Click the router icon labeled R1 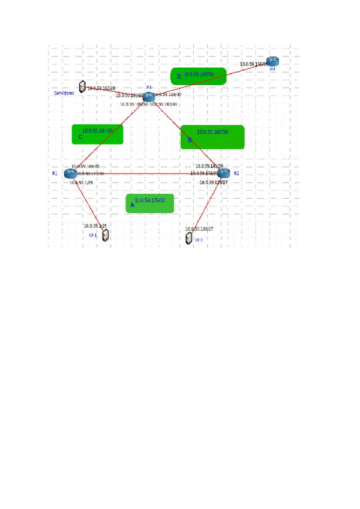(70, 173)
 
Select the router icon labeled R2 (223, 173)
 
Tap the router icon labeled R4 (272, 61)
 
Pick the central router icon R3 (149, 96)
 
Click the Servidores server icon (82, 87)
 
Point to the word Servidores (64, 94)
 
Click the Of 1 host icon (106, 235)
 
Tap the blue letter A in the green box (133, 205)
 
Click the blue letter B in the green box (190, 140)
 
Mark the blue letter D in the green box (178, 76)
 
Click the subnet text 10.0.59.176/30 (150, 200)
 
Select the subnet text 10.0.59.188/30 (199, 74)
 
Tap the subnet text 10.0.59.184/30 (97, 130)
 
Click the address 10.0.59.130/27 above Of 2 (199, 229)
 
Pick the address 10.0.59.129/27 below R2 (214, 182)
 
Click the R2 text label (236, 173)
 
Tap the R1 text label (55, 173)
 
